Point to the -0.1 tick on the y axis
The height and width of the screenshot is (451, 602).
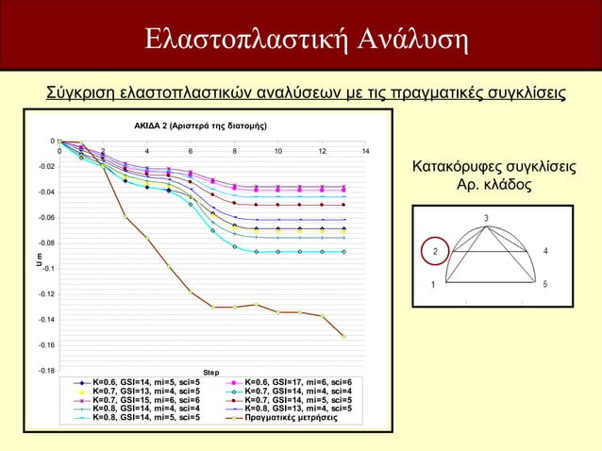(48, 269)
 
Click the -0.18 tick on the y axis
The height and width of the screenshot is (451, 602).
(45, 371)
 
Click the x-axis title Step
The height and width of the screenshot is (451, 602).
(212, 373)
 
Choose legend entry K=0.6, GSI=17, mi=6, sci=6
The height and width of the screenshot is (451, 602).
(298, 382)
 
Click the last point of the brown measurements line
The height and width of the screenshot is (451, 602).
(344, 336)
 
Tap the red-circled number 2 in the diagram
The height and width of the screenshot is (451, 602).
(435, 251)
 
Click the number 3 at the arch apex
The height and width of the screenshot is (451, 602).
(486, 219)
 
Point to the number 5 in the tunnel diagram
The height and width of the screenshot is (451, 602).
(546, 284)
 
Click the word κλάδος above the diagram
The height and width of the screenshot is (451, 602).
(509, 186)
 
